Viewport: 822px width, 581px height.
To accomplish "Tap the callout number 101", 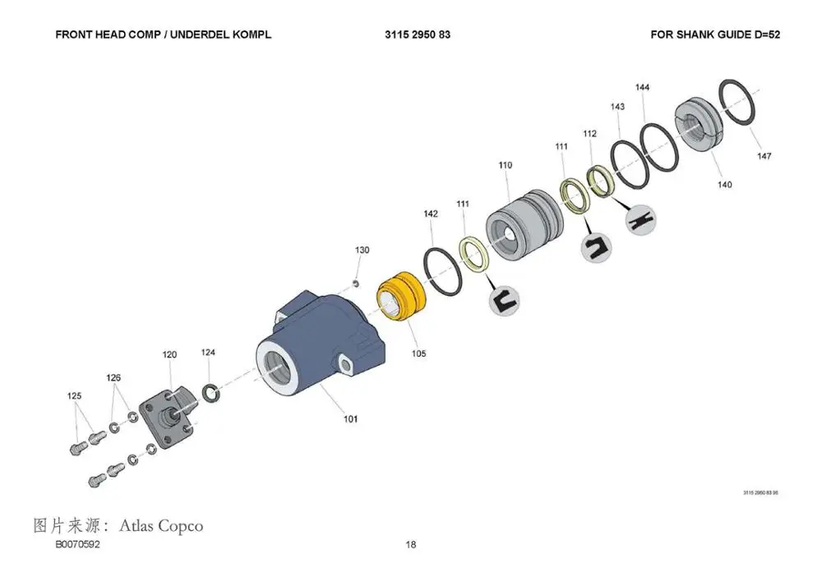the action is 351,419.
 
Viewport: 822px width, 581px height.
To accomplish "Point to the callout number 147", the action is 764,156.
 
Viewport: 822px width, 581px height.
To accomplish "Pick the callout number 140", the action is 724,185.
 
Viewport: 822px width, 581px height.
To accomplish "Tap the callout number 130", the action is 363,250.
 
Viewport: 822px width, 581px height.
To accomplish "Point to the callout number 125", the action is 74,396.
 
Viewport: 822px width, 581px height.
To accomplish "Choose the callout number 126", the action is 113,378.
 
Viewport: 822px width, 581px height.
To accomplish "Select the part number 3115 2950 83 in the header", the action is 417,35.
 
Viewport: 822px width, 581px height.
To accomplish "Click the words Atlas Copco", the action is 161,525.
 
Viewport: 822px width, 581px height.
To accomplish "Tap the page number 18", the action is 411,545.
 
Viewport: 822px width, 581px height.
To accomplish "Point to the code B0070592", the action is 78,545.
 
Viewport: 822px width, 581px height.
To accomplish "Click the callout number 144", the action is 643,88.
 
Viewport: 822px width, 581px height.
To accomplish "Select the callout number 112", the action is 589,134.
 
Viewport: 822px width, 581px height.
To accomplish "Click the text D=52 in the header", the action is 766,35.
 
